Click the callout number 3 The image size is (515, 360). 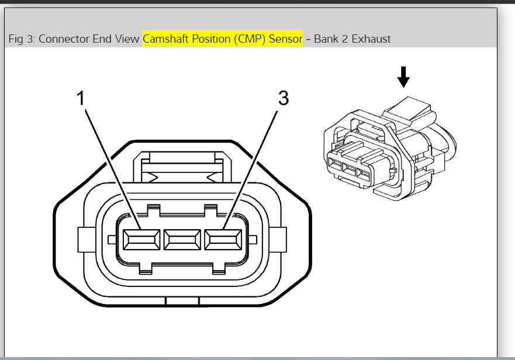(x=283, y=98)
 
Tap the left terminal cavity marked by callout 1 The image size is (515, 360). (x=141, y=238)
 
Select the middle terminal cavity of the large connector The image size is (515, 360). (x=182, y=238)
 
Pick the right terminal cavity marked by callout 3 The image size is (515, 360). (x=223, y=238)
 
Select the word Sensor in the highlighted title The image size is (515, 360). (x=285, y=39)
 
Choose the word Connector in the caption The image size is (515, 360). (x=63, y=39)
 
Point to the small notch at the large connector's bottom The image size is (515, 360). (x=182, y=302)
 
